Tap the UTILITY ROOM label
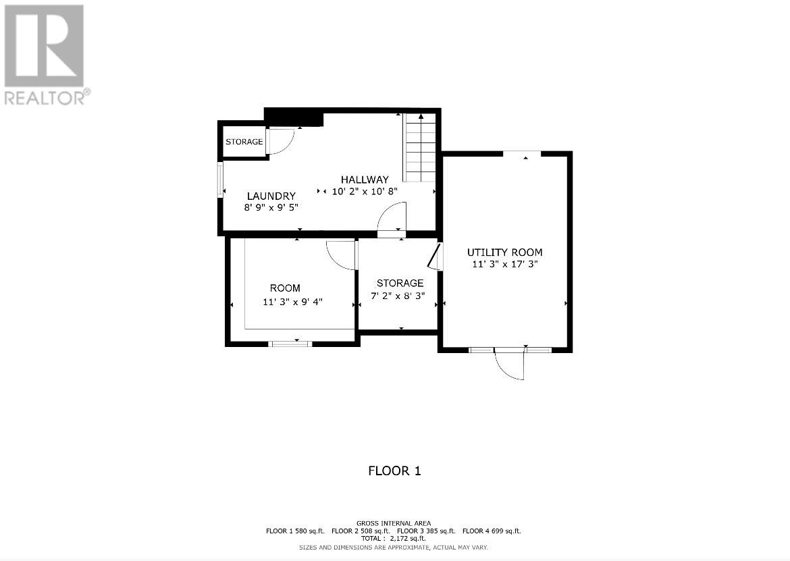pyautogui.click(x=504, y=252)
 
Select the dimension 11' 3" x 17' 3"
pyautogui.click(x=504, y=264)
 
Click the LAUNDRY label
pyautogui.click(x=271, y=196)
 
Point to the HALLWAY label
pyautogui.click(x=364, y=180)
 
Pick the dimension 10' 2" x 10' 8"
pyautogui.click(x=364, y=191)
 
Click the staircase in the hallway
pyautogui.click(x=419, y=149)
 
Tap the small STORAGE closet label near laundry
pyautogui.click(x=244, y=142)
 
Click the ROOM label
pyautogui.click(x=285, y=288)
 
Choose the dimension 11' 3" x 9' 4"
pyautogui.click(x=292, y=302)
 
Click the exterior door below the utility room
pyautogui.click(x=510, y=365)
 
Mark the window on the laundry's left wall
pyautogui.click(x=220, y=180)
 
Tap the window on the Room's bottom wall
pyautogui.click(x=290, y=344)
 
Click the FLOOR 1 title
pyautogui.click(x=394, y=471)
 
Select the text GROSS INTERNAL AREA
pyautogui.click(x=394, y=523)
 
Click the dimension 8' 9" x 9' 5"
pyautogui.click(x=271, y=208)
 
